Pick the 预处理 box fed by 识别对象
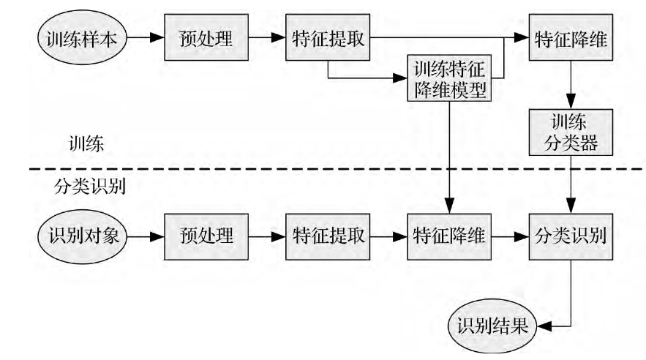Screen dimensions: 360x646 coord(206,236)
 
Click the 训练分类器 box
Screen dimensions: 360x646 coord(571,132)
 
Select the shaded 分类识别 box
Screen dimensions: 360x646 coord(571,236)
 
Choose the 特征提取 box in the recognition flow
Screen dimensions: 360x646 coord(328,236)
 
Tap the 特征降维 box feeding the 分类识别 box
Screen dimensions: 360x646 coord(450,236)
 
